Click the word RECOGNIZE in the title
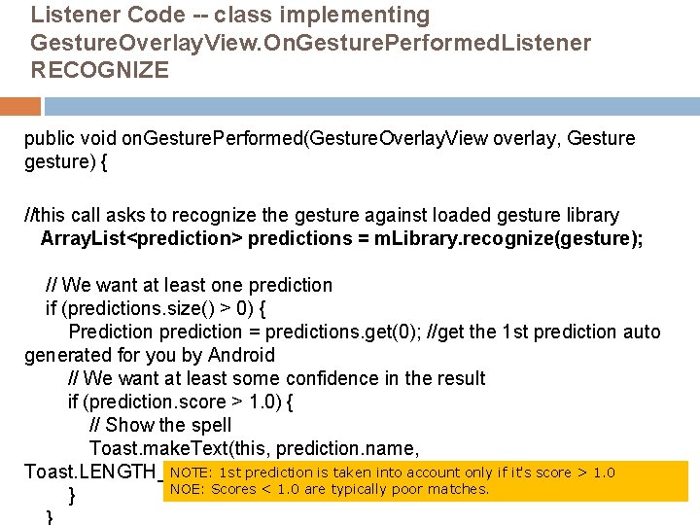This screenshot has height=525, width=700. [x=100, y=71]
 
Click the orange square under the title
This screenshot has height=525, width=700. [x=20, y=106]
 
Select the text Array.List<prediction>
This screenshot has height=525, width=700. [x=142, y=238]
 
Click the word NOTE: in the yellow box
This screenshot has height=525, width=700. [x=190, y=473]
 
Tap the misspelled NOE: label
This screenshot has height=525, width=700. [x=186, y=489]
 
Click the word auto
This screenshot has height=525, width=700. [x=642, y=332]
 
